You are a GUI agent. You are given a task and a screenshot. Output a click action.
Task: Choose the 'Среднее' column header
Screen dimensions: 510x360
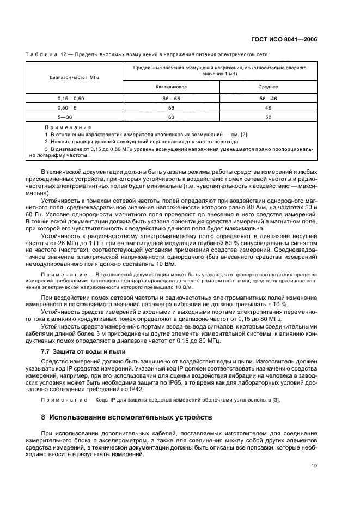pyautogui.click(x=268, y=86)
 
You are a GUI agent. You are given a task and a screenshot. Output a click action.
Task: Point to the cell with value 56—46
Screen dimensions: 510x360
pyautogui.click(x=268, y=98)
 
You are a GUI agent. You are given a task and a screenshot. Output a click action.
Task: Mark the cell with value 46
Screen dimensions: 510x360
pyautogui.click(x=268, y=108)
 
